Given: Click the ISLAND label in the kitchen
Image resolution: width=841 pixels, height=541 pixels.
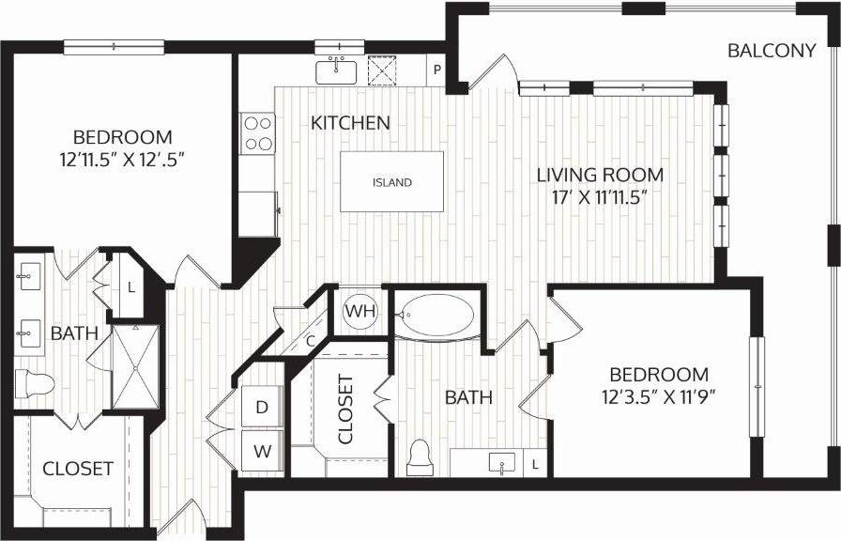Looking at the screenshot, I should coord(391,182).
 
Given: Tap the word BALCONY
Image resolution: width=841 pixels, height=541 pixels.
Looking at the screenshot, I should coord(772,51).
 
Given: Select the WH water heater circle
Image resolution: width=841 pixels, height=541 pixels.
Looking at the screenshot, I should coord(358,311).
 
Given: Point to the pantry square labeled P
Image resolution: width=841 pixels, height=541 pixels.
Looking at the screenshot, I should coord(436,70).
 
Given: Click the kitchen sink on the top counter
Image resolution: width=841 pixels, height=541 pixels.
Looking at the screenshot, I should coord(336,70).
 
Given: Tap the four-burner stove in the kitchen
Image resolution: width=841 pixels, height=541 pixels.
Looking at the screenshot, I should coord(257,132).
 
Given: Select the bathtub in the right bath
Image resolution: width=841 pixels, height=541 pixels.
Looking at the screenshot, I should coord(435,317).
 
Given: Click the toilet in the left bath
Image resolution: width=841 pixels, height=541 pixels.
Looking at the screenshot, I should coord(35,383).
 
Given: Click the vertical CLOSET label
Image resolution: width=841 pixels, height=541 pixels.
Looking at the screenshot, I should coord(345,410).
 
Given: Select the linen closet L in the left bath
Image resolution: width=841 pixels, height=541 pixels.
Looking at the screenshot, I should coord(131,287).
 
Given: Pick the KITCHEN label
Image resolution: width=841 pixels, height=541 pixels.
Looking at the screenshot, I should coord(350,122).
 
